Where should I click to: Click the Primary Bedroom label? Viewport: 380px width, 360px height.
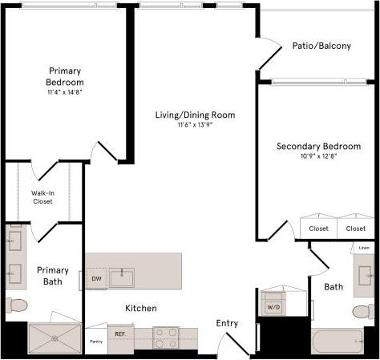pos(66,76)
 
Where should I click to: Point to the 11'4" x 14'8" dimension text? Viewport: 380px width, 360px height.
pos(66,92)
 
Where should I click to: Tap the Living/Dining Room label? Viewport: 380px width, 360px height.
pos(195,115)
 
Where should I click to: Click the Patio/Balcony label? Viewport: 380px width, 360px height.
pos(321,46)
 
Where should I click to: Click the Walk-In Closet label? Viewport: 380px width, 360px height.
pos(42,197)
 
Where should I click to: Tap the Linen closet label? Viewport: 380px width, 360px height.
pos(364,248)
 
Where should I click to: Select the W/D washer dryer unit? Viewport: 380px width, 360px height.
pos(273,305)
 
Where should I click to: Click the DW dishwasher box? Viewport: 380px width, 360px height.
pos(96,279)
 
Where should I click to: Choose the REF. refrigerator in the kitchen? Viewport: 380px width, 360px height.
pos(120,334)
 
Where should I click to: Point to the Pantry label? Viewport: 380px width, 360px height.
pos(95,342)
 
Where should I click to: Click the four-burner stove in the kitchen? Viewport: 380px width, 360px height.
pos(166,338)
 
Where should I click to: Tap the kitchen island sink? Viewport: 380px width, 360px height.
pos(122,278)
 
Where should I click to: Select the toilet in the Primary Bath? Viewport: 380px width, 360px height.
pos(15,305)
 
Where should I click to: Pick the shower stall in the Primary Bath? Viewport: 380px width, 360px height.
pos(55,337)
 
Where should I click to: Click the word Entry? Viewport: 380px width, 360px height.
pos(227,323)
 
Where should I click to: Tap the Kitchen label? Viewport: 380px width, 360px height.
pos(140,308)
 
